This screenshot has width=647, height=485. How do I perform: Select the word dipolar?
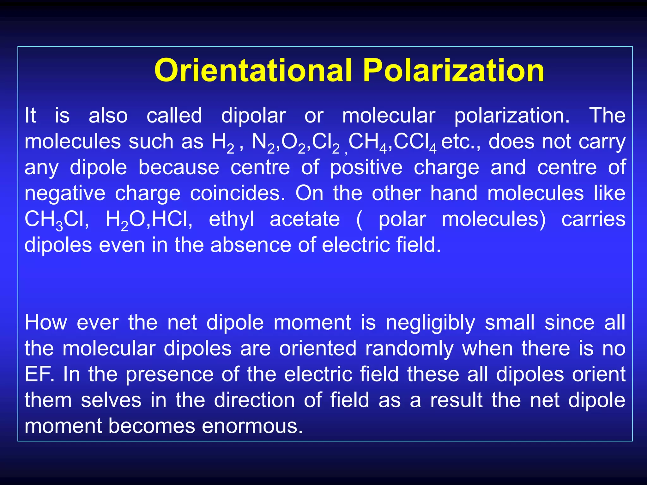click(x=253, y=116)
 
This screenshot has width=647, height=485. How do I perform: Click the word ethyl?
click(x=231, y=220)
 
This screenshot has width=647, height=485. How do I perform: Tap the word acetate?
click(x=305, y=219)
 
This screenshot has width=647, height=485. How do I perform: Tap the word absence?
click(x=251, y=245)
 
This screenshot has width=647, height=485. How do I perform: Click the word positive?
click(x=366, y=168)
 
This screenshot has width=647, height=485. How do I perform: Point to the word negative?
click(x=65, y=194)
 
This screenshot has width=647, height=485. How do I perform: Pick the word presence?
click(x=170, y=375)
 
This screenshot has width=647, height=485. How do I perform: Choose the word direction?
click(x=254, y=400)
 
